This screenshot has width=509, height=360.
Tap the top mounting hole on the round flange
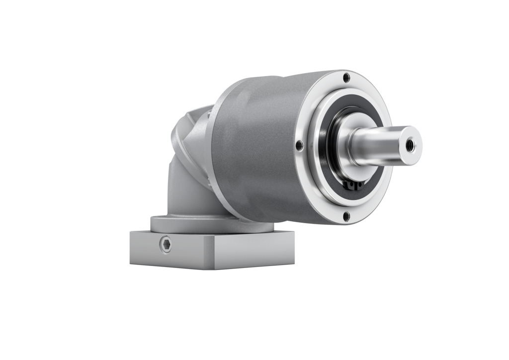pyautogui.click(x=346, y=78)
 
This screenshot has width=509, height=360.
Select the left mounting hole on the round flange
pyautogui.click(x=299, y=145)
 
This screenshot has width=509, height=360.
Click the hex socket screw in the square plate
pyautogui.click(x=166, y=244)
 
